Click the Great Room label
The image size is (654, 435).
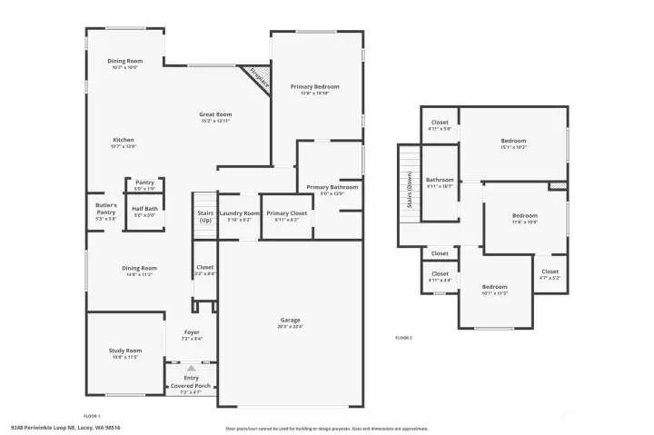(215, 114)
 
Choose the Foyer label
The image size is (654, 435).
(192, 332)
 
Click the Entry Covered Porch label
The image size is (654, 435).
(191, 382)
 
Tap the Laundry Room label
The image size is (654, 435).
(239, 213)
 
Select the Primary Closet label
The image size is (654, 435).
(283, 213)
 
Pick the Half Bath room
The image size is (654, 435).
(145, 212)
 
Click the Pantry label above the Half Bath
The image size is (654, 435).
(144, 183)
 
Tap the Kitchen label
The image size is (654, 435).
(123, 140)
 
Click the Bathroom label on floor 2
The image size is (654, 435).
(440, 180)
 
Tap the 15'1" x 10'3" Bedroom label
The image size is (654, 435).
(513, 141)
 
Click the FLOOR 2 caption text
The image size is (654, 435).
(403, 338)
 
